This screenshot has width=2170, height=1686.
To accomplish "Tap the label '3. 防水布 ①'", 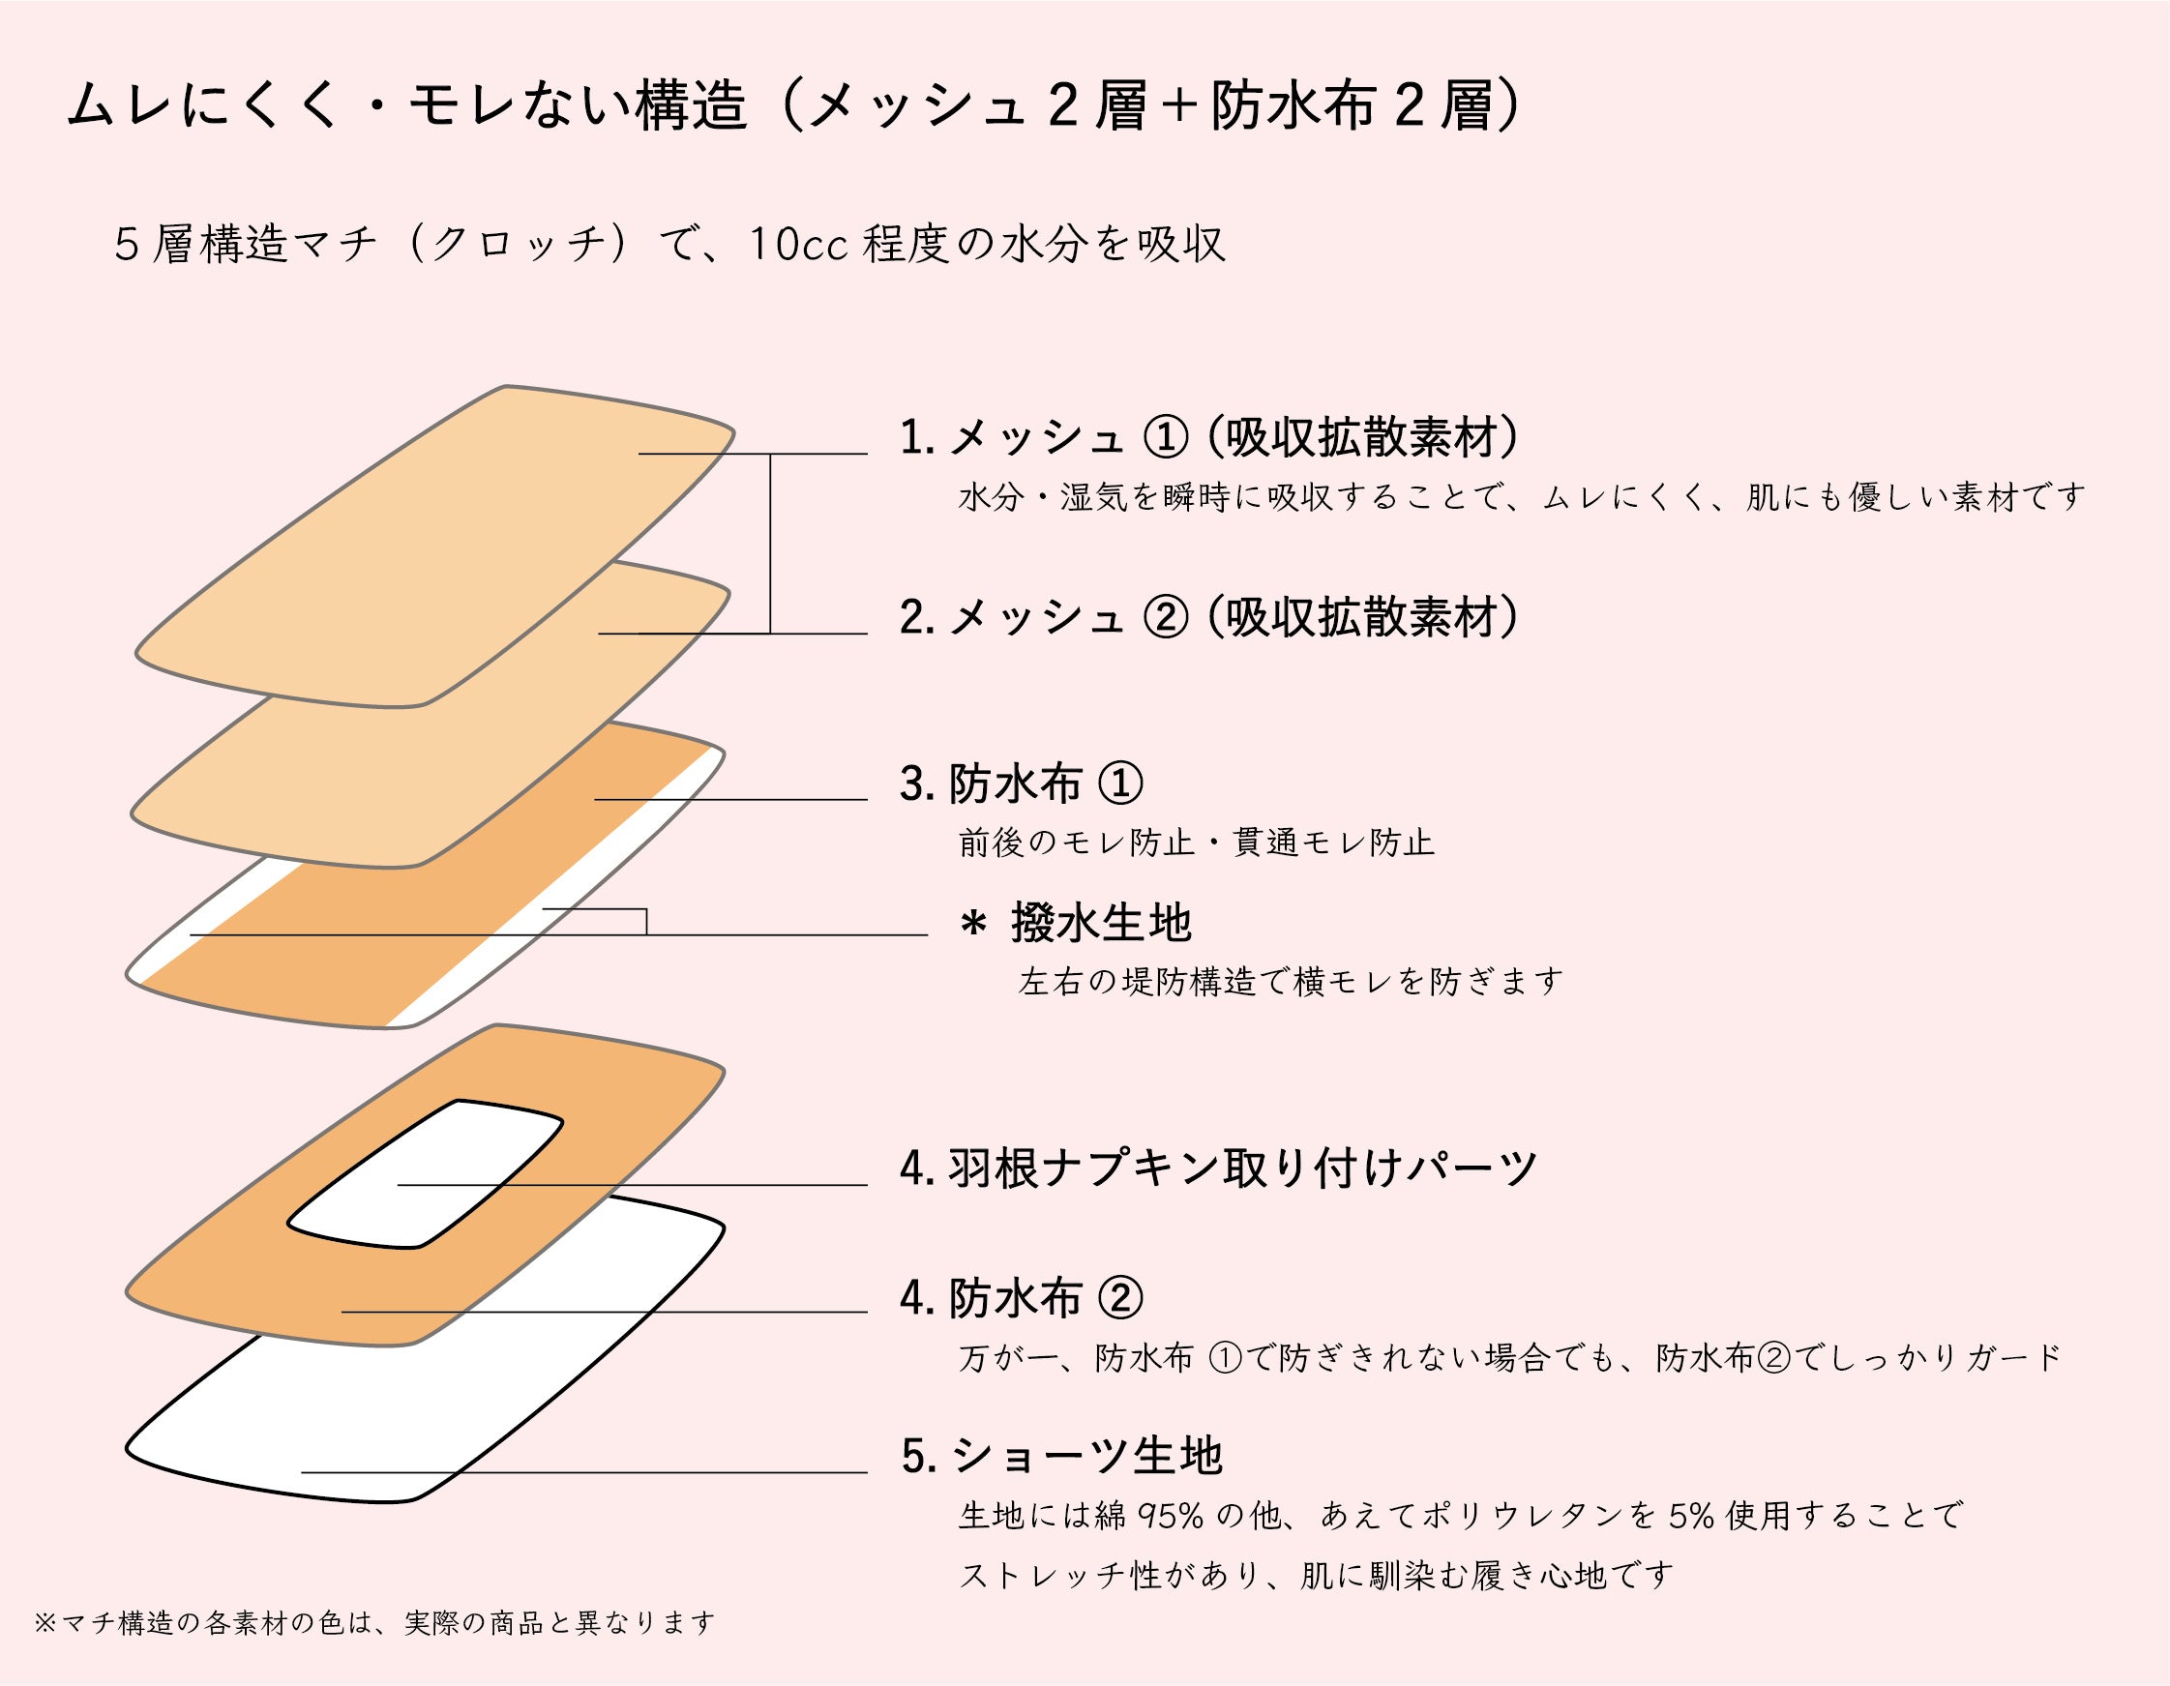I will click(1022, 784).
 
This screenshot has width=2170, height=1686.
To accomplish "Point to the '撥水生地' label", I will click(1101, 923).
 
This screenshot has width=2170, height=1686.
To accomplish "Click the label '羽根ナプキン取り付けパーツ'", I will click(1242, 1168).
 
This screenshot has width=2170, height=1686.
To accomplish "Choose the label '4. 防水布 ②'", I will click(1022, 1298).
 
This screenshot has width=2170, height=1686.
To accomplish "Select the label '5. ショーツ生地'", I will click(1061, 1457).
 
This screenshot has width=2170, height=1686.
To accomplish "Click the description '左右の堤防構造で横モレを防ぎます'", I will click(1290, 983).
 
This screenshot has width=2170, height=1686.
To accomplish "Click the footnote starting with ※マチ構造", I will click(374, 1623).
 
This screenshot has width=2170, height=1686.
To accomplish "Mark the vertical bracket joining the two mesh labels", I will click(771, 544).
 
